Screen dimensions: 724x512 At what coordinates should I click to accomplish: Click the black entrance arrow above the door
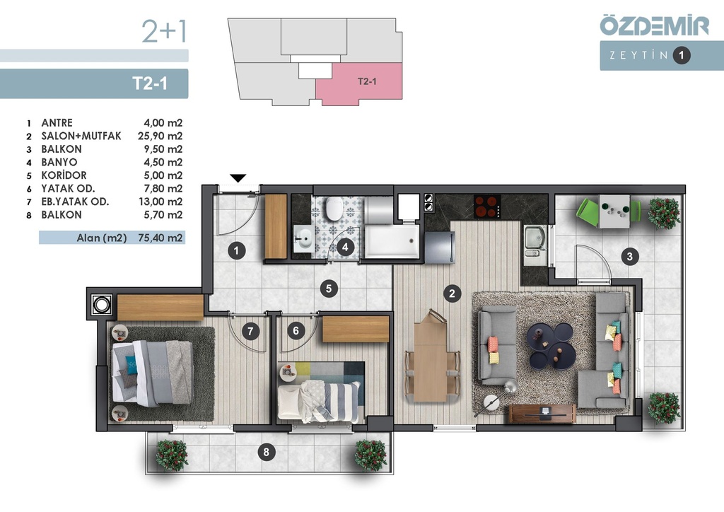238,178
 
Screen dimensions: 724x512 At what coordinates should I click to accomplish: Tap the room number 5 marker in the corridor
329,289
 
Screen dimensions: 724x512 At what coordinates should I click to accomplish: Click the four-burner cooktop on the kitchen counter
487,206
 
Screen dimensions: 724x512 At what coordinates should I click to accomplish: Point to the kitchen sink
535,241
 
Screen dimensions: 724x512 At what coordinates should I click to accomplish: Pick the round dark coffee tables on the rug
551,345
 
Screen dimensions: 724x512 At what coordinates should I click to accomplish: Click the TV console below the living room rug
542,413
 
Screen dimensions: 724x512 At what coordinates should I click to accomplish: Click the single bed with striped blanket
319,400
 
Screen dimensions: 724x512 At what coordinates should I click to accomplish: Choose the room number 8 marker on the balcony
266,451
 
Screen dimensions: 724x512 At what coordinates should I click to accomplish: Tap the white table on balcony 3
614,211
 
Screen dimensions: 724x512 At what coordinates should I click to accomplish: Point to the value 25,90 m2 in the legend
160,136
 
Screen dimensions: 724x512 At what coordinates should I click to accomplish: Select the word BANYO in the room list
59,162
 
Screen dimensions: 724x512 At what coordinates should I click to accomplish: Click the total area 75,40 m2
160,238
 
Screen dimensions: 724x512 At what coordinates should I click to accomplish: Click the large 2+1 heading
164,31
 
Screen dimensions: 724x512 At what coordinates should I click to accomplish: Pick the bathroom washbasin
303,239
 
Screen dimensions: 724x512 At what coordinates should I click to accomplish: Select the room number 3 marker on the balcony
630,256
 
